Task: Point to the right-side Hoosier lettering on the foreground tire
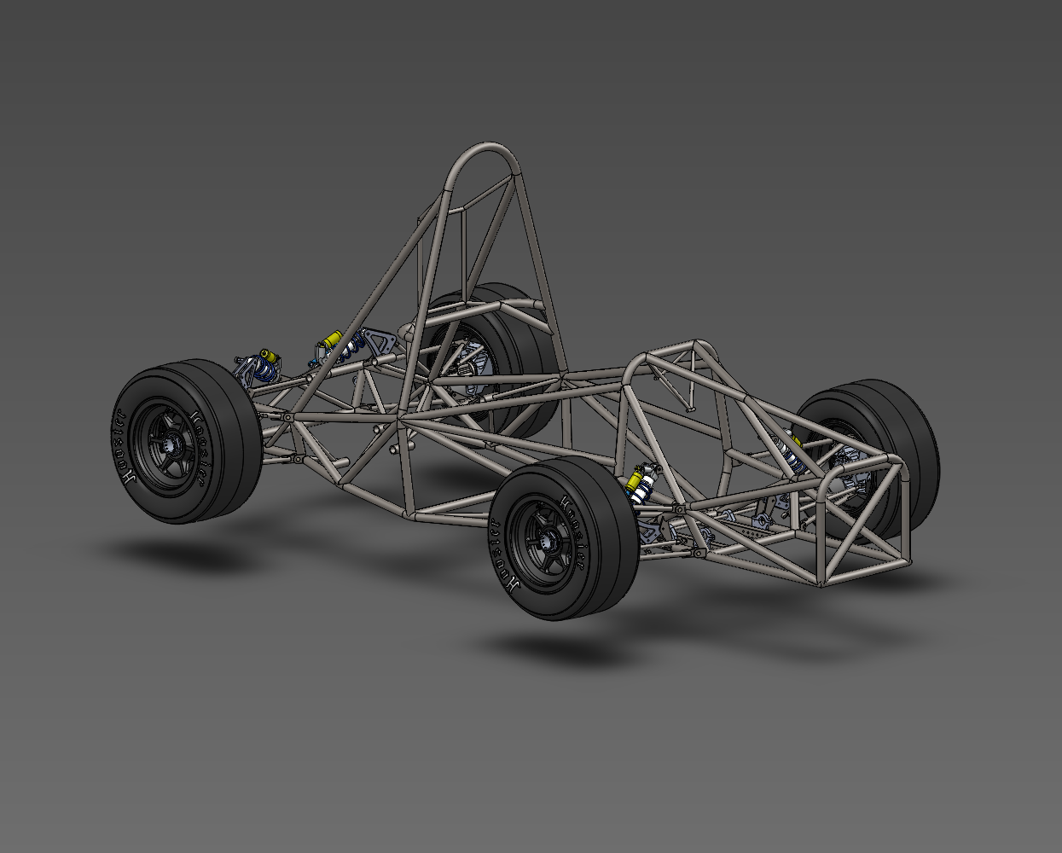click(x=579, y=546)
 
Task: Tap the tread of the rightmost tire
click(x=917, y=461)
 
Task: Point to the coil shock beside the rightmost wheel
click(x=789, y=452)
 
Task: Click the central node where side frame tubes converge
click(x=401, y=419)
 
